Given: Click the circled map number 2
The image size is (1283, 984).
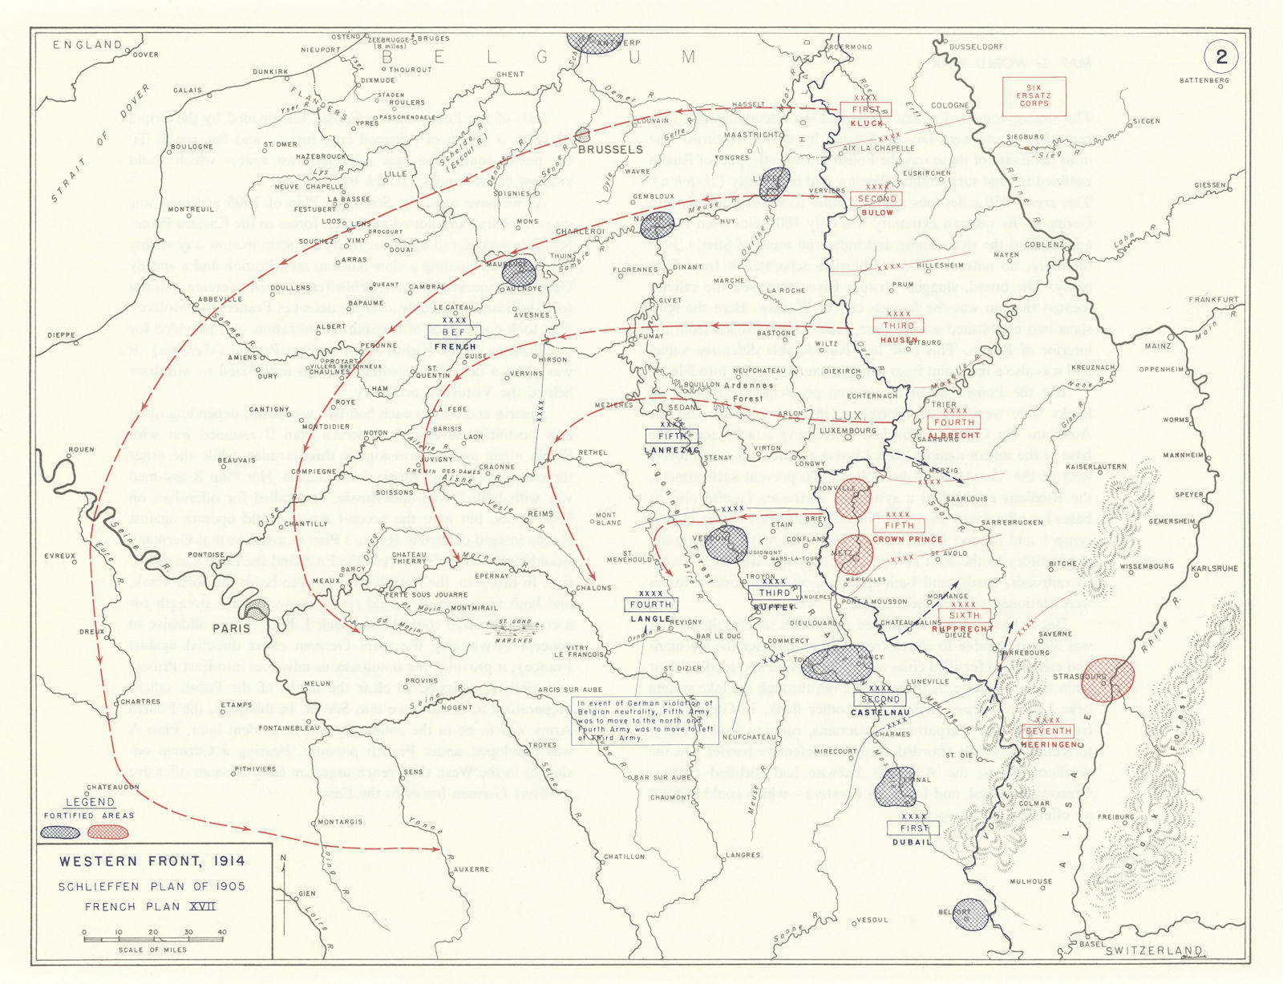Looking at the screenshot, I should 1221,56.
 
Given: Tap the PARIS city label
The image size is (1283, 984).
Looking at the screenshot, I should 231,628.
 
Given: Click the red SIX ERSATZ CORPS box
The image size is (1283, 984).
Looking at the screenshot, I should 1034,96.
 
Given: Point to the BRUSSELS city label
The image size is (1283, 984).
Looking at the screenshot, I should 610,149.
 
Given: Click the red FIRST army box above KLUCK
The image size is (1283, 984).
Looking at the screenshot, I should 866,110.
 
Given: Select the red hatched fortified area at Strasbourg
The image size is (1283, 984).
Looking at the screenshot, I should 1111,680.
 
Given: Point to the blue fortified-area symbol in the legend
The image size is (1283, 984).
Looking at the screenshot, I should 61,832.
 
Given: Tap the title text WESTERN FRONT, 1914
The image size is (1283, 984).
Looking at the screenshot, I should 152,862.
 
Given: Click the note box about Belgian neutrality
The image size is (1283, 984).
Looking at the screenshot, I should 646,720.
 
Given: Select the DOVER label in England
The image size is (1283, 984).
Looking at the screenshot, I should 145,55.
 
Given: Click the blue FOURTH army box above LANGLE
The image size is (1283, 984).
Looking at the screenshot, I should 650,605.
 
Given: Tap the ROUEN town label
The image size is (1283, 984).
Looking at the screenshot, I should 82,450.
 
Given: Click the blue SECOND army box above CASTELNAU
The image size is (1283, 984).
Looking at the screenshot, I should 880,699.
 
